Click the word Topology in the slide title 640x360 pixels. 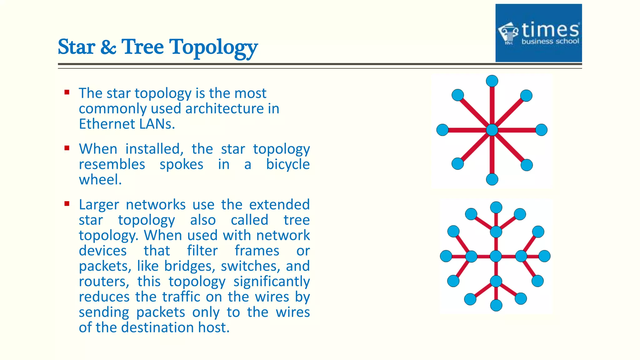click(213, 47)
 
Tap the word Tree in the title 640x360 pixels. click(142, 47)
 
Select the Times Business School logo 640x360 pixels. click(538, 33)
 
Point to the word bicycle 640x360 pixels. click(288, 164)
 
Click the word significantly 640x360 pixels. click(271, 281)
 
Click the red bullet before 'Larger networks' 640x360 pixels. click(67, 204)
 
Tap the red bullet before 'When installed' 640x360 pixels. click(67, 148)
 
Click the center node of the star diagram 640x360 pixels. click(492, 130)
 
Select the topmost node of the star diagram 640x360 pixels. click(492, 81)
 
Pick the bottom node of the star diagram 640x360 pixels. click(492, 179)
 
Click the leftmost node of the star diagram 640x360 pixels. click(442, 130)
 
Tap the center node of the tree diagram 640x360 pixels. click(496, 256)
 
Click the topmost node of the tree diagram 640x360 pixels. click(496, 207)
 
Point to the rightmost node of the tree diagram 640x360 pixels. click(544, 256)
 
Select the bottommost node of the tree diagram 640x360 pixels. click(496, 305)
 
